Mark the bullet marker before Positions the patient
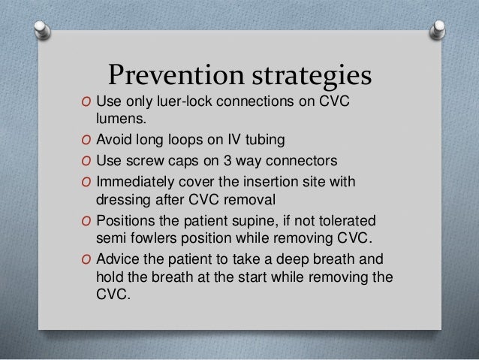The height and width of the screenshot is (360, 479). coord(87,220)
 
